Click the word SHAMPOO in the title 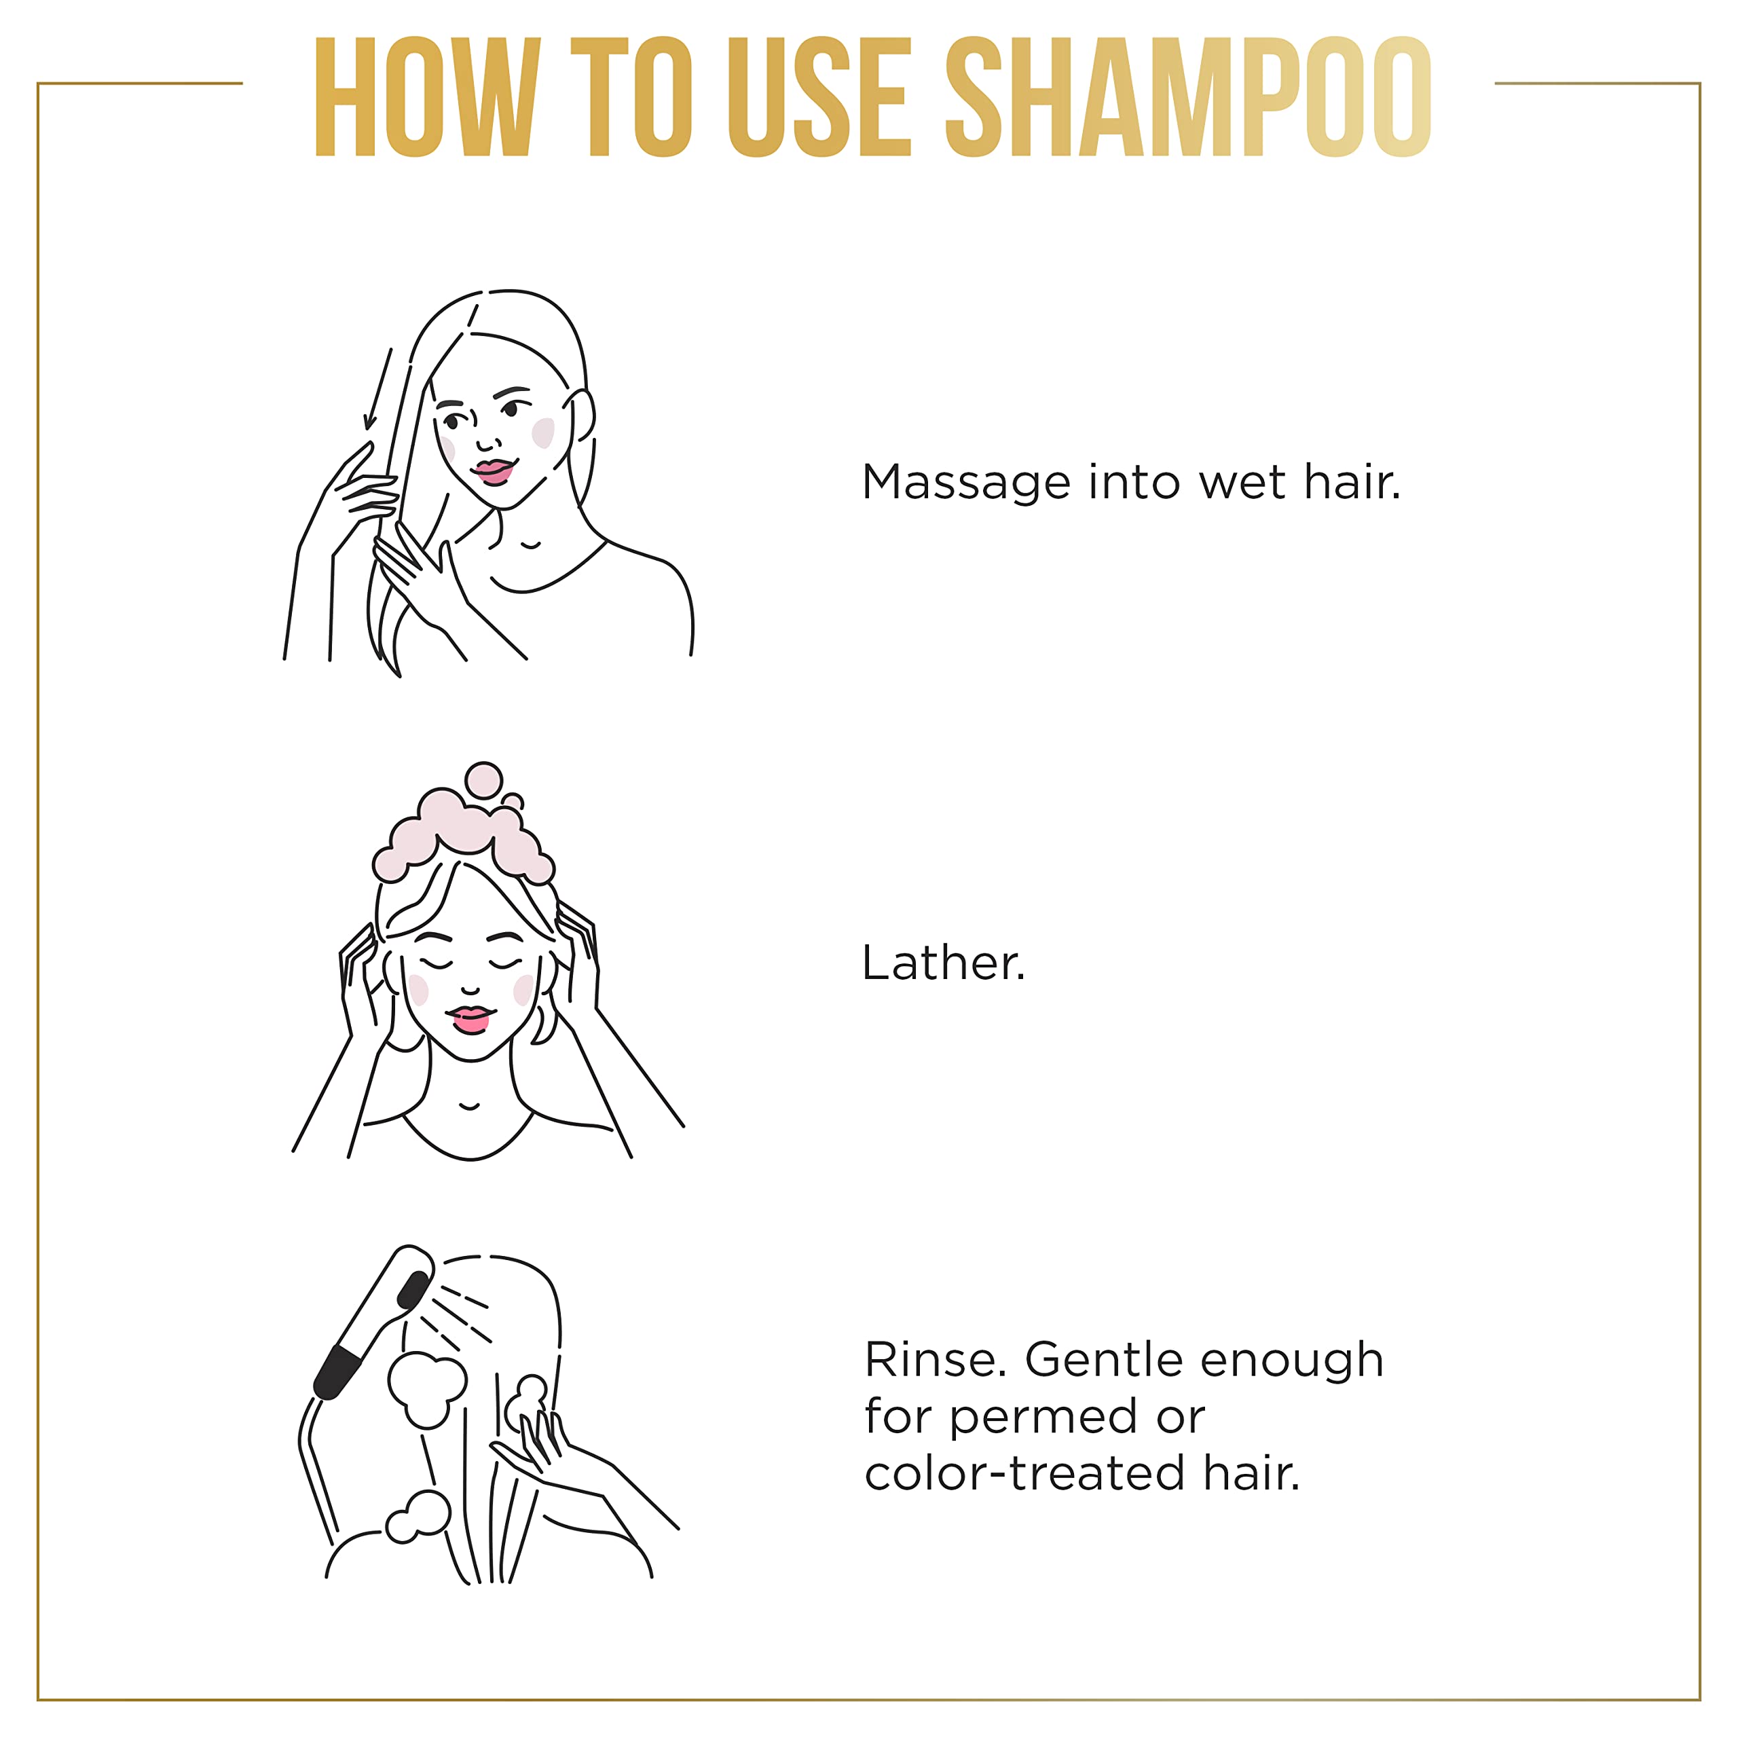point(1187,97)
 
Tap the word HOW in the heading point(427,97)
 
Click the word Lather point(943,963)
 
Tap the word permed point(1043,1417)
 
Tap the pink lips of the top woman point(493,471)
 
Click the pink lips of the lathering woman point(470,1018)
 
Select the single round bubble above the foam point(484,780)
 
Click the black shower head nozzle point(413,1290)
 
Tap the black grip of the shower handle point(337,1373)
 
